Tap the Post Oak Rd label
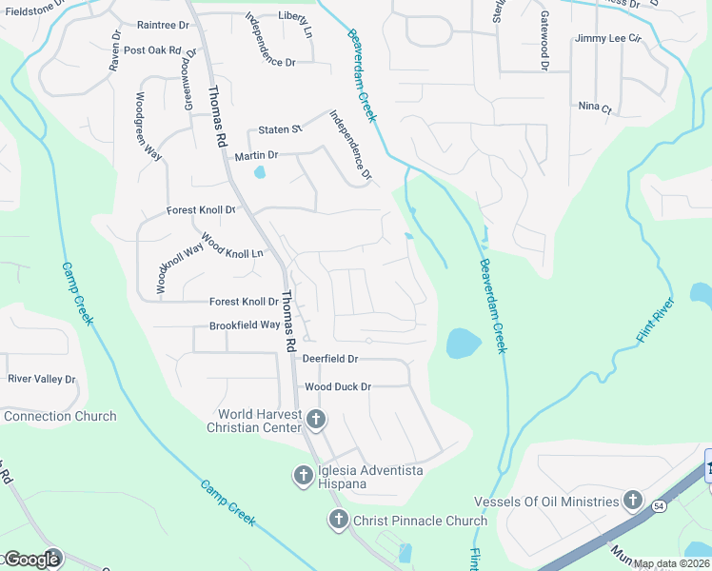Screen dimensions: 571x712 (x=152, y=50)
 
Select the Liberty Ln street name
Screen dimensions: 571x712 (x=295, y=17)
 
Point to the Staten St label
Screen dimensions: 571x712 (x=280, y=129)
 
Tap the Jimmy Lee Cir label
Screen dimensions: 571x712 (x=609, y=39)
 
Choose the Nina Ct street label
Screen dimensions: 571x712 (x=594, y=108)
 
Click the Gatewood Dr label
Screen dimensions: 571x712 (x=545, y=40)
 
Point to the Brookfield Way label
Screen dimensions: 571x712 (x=245, y=325)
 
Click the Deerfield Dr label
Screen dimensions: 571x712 (x=329, y=359)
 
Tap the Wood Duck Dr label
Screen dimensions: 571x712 (x=337, y=387)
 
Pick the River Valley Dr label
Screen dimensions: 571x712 (x=41, y=379)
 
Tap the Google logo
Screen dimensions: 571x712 (x=31, y=559)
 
